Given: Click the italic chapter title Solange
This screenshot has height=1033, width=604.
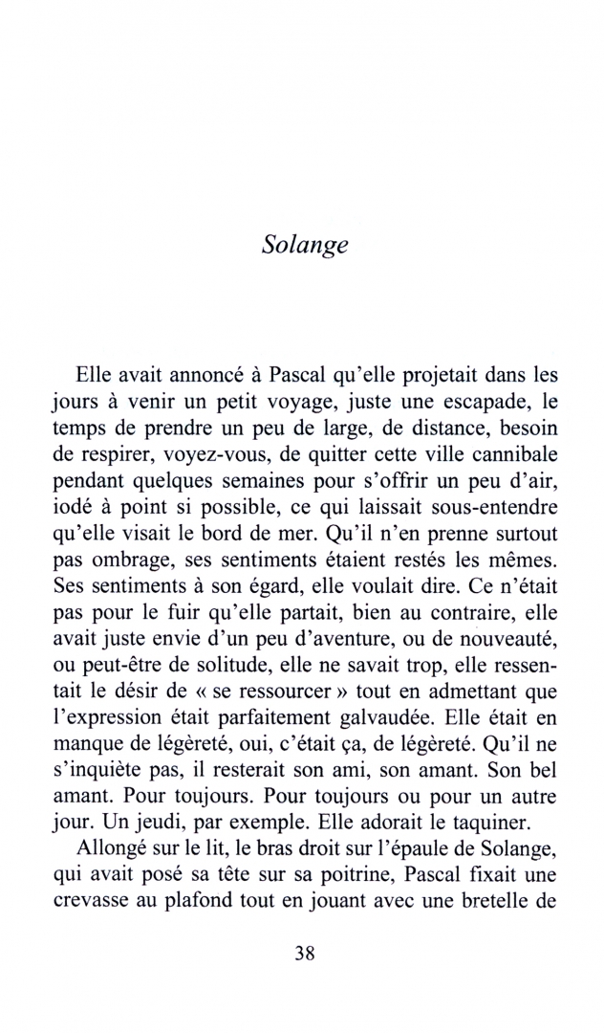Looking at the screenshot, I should tap(303, 244).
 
